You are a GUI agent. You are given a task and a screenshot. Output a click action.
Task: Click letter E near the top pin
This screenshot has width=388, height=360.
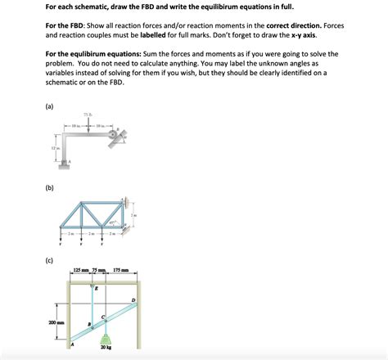pyautogui.click(x=97, y=288)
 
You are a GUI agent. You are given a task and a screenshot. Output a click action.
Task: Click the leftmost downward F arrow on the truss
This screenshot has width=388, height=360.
pyautogui.click(x=62, y=238)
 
